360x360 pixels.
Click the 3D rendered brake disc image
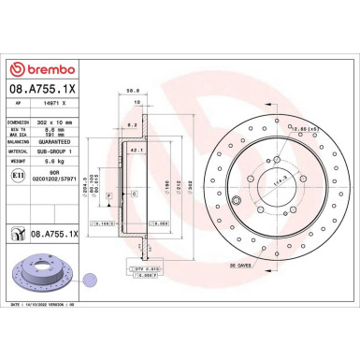[x=41, y=275]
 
